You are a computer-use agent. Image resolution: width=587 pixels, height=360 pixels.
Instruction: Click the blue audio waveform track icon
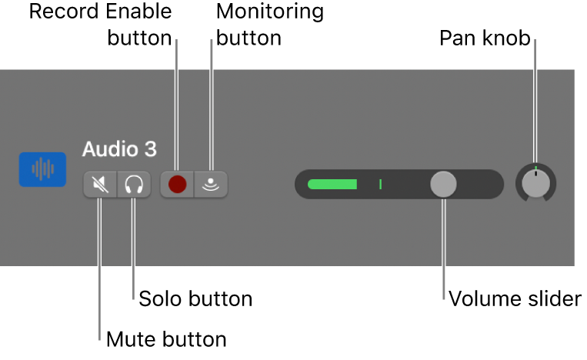41,170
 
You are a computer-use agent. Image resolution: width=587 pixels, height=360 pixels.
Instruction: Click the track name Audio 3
119,149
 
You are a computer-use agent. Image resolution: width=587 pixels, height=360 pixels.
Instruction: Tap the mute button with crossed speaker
100,185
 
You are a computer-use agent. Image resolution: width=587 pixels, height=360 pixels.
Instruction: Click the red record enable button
178,185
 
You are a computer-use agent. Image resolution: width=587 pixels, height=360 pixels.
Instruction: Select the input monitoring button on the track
211,185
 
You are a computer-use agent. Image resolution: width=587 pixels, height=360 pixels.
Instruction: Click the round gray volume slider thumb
443,185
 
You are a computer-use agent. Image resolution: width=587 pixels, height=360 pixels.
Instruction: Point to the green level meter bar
332,185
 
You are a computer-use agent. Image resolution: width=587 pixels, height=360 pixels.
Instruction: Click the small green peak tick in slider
380,185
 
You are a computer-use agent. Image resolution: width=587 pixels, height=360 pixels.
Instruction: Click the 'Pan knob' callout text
485,38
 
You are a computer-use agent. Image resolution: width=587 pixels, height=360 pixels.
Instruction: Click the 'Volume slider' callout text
515,298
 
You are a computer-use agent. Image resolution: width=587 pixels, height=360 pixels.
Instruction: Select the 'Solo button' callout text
195,298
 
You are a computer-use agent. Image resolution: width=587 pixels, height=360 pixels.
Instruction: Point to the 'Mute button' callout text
166,339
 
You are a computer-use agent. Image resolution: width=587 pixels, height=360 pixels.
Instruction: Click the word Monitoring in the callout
270,12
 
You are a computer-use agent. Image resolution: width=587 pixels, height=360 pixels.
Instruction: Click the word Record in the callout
63,12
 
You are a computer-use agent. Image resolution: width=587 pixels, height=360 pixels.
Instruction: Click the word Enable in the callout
138,12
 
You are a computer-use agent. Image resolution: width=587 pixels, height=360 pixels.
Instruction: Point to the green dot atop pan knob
535,167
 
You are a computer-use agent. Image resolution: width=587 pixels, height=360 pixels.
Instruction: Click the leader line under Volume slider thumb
444,246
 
